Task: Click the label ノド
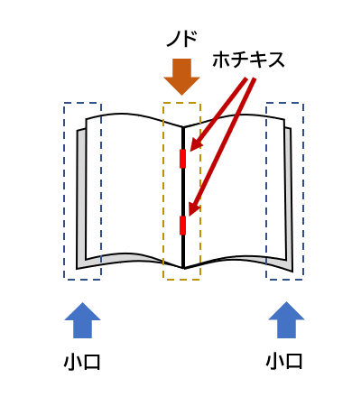pos(181,39)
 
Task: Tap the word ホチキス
pos(248,60)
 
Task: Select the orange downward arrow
pos(181,77)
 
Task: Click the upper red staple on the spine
pos(182,159)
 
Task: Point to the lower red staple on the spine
pos(182,226)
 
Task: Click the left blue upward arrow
pos(82,320)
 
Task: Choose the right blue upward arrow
pos(286,319)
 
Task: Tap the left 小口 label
pos(82,362)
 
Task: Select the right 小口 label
pos(284,361)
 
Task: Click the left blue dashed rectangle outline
pos(64,191)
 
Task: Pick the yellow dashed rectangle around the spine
pos(163,191)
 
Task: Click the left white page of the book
pos(133,187)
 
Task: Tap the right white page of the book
pos(235,187)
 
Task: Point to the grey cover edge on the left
pos(81,198)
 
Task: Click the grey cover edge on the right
pos(289,198)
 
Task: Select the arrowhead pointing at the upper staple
pos(196,143)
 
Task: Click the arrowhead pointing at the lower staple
pos(194,209)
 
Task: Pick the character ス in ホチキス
pos(276,60)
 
